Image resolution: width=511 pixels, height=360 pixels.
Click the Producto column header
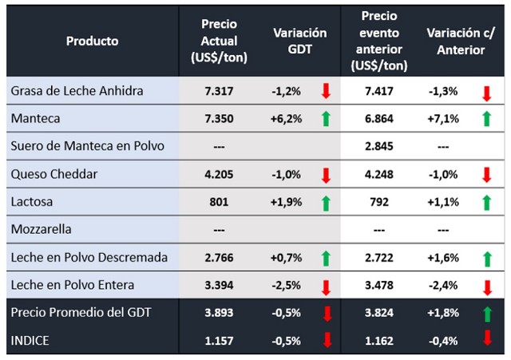[x=93, y=41]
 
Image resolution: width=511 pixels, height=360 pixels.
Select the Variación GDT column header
[x=300, y=41]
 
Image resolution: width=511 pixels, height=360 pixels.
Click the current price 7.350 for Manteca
[x=218, y=118]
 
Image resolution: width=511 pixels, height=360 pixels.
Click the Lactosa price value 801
[x=219, y=202]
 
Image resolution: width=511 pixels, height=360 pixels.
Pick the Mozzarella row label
[x=41, y=230]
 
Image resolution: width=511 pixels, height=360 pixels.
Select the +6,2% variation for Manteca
[x=287, y=118]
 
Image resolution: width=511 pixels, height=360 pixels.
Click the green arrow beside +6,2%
[x=326, y=120]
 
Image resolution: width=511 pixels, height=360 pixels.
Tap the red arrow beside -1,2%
[x=326, y=92]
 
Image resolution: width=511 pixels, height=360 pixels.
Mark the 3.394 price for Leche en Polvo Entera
[x=218, y=285]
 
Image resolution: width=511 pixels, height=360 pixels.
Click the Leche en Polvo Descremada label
[x=89, y=257]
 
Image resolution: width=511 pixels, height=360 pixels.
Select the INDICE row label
[x=31, y=341]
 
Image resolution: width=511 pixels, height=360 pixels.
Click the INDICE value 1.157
[x=218, y=341]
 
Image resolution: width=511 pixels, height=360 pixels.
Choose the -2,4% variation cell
[x=443, y=285]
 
